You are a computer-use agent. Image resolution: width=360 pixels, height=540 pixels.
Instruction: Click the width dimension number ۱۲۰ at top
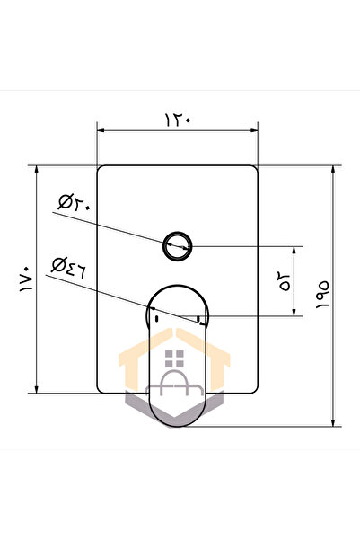coord(178,118)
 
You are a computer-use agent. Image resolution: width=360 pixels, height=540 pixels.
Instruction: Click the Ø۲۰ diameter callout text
coord(73,201)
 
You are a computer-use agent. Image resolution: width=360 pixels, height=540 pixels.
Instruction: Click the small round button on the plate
coord(177,243)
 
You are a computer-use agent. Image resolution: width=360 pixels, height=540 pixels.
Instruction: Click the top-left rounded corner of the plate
coord(101,169)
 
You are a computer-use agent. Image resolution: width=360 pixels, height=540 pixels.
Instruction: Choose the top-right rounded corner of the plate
coord(256,169)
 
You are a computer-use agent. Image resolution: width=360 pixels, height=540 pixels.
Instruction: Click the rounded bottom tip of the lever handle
coord(179,425)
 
